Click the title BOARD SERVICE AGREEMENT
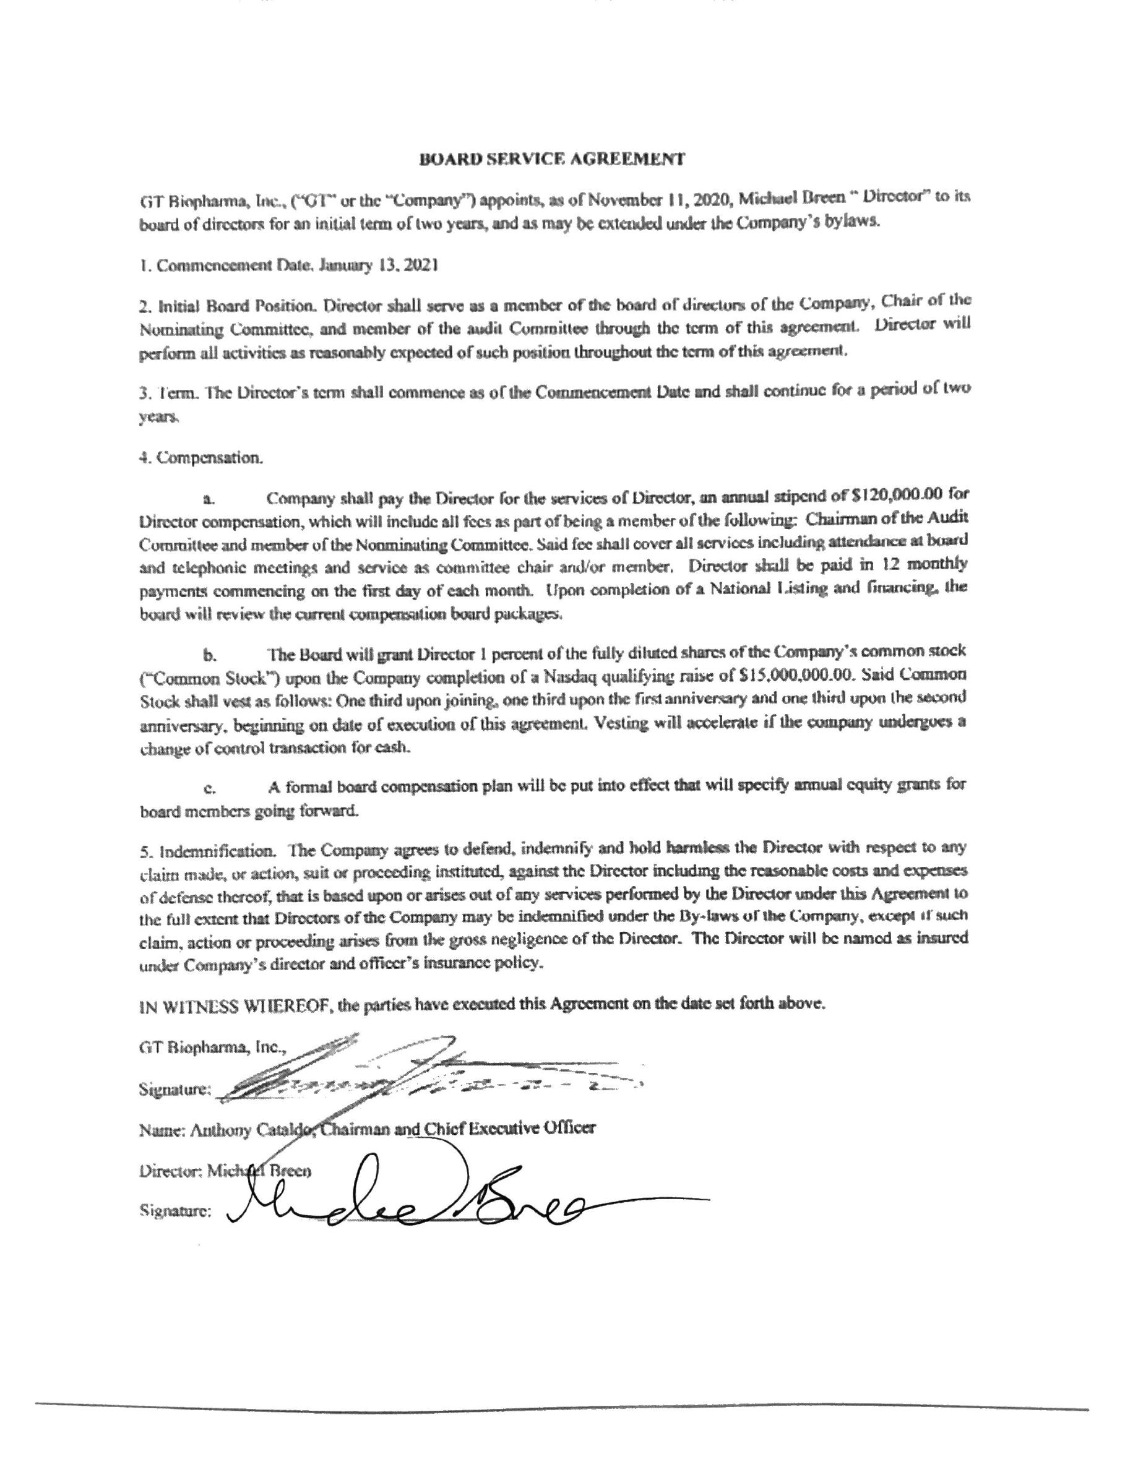pos(551,159)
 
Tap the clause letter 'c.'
pos(209,788)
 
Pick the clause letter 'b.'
pos(209,655)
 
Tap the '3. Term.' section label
pos(163,393)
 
